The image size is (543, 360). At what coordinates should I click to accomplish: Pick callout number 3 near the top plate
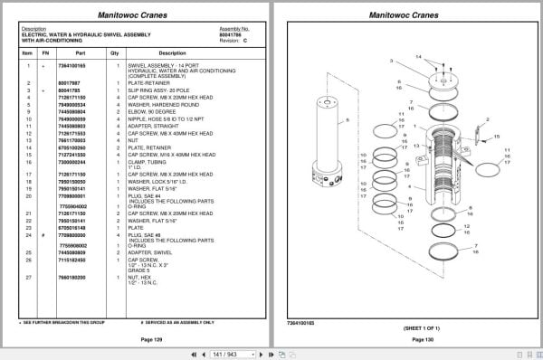(392, 61)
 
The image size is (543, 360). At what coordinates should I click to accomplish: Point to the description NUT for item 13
(135, 139)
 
